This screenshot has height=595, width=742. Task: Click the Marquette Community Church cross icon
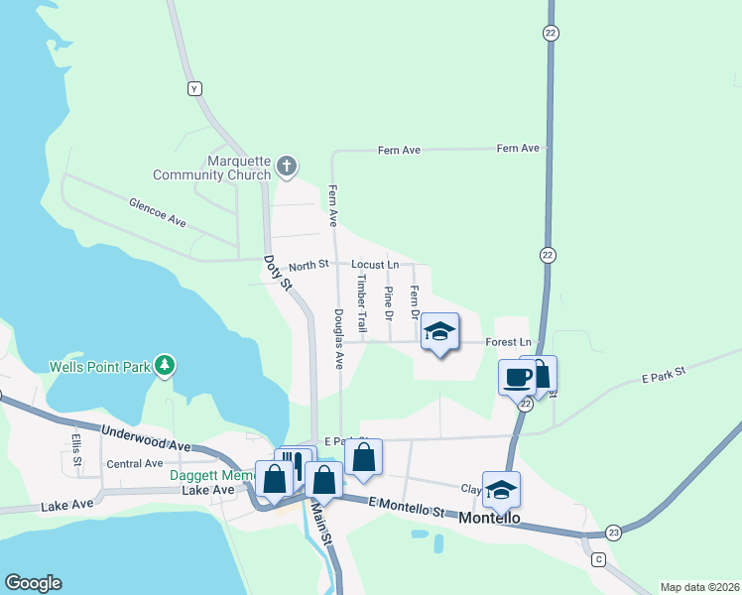[x=287, y=166]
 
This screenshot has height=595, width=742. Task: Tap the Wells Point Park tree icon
[x=165, y=366]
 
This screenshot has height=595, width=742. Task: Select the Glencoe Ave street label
[x=158, y=211]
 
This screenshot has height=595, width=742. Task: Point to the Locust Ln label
[x=375, y=265]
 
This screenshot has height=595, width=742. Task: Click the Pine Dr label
[x=389, y=303]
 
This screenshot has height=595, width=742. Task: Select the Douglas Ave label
[x=338, y=339]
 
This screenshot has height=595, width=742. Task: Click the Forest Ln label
[x=509, y=341]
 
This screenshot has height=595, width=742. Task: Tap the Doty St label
[x=277, y=274]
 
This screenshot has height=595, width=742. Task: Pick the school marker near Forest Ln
[x=439, y=332]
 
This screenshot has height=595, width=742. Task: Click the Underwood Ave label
[x=146, y=438]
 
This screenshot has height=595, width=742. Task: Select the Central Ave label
[x=134, y=463]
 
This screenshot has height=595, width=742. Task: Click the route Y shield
[x=194, y=88]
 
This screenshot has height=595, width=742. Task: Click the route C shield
[x=598, y=559]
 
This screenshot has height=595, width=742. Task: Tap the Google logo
[x=34, y=583]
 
